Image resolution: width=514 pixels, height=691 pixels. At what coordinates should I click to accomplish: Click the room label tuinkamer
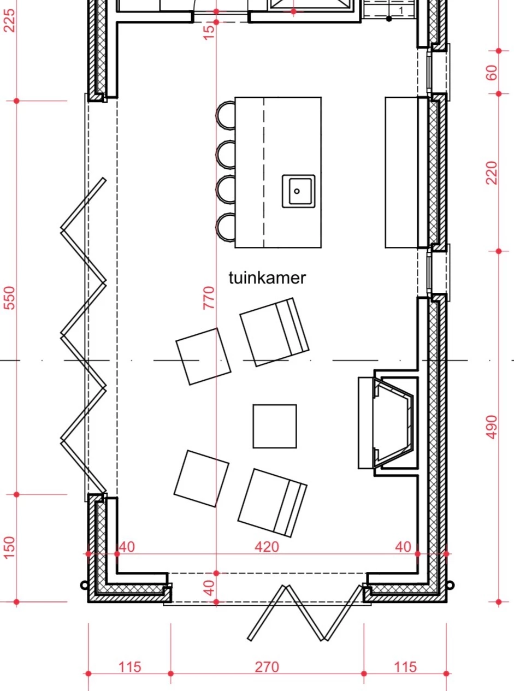[267, 278]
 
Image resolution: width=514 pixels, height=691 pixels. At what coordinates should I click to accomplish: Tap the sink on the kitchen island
[298, 191]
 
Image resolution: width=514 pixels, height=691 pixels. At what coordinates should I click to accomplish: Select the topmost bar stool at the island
[226, 115]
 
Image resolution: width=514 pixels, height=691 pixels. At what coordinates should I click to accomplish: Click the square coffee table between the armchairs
[274, 426]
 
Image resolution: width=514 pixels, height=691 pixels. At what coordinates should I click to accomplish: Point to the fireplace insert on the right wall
[393, 423]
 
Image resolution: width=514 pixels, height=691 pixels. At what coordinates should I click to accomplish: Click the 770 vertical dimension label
[209, 298]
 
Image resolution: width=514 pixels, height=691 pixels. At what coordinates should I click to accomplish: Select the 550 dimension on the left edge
[9, 298]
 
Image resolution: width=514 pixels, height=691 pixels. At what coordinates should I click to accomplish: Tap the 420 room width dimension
[267, 547]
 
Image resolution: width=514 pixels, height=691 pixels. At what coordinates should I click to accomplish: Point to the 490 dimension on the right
[492, 427]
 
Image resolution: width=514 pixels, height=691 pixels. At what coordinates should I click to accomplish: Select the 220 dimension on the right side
[492, 173]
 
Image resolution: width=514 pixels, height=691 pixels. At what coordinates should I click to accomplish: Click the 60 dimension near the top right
[492, 73]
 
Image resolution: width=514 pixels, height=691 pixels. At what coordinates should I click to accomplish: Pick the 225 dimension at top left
[9, 20]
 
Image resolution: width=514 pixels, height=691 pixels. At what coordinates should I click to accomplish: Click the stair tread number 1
[401, 10]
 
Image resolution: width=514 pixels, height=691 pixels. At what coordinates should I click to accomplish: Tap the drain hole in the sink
[297, 191]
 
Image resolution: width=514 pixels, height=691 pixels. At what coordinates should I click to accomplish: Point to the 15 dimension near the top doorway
[209, 32]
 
